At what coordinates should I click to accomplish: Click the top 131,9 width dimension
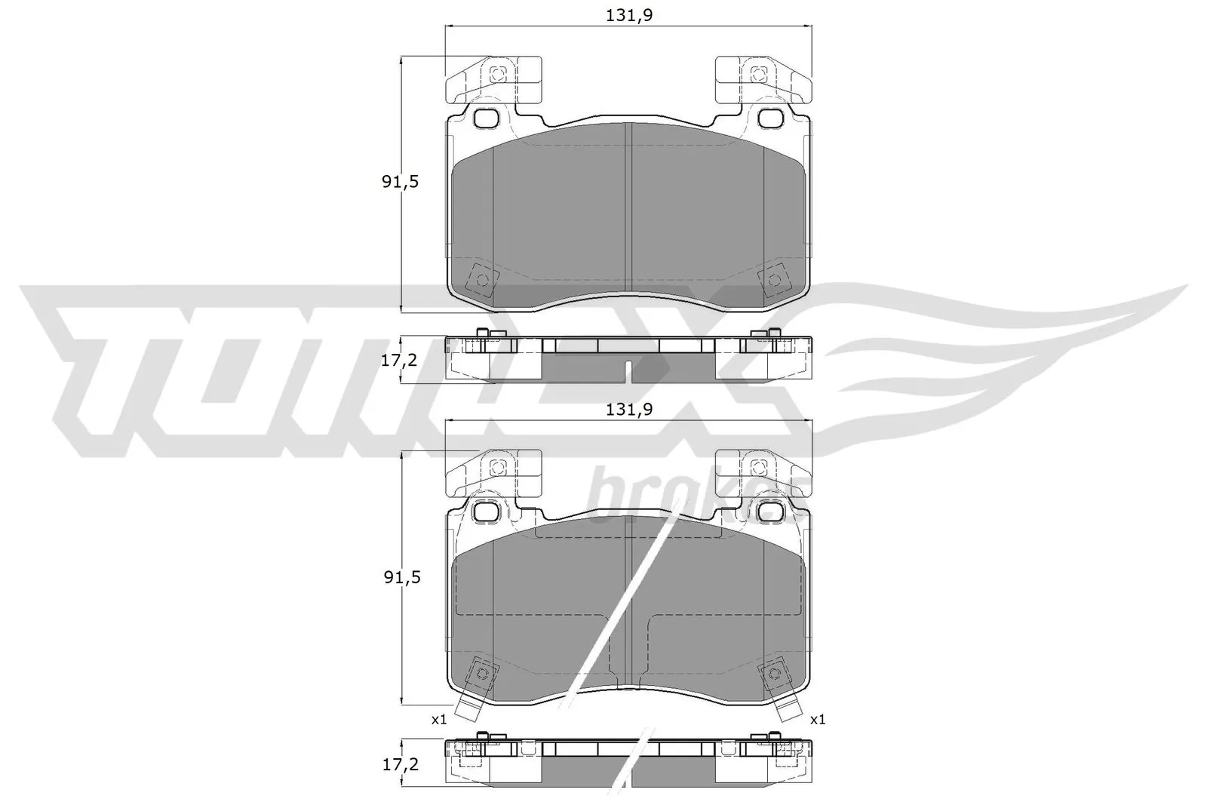[628, 15]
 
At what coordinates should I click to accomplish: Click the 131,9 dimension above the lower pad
[628, 410]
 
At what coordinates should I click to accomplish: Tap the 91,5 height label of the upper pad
[400, 182]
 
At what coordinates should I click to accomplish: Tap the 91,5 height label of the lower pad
[400, 577]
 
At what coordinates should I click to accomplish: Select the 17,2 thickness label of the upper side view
[400, 360]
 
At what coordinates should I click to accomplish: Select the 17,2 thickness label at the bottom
[400, 764]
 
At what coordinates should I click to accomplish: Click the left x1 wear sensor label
[439, 720]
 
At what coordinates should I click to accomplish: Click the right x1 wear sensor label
[818, 720]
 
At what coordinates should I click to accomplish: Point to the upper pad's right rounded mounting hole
[770, 118]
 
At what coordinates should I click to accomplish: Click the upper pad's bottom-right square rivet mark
[774, 281]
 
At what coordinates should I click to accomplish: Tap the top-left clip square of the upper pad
[496, 74]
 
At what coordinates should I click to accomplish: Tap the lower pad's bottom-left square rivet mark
[482, 673]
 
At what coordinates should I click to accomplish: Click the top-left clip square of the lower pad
[496, 468]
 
